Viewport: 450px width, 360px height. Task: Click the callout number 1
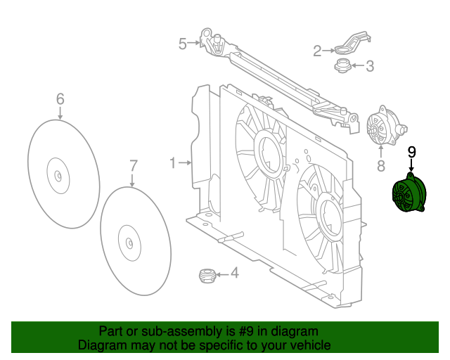click(173, 163)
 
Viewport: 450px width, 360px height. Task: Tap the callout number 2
click(317, 51)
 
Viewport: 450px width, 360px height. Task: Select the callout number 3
click(370, 67)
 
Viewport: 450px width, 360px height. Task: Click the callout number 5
click(182, 44)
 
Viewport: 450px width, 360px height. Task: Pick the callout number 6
click(60, 98)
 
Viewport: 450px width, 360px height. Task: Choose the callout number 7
click(134, 167)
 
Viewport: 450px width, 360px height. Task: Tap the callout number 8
click(380, 166)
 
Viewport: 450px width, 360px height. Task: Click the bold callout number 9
click(411, 151)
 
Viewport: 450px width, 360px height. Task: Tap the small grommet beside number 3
click(342, 67)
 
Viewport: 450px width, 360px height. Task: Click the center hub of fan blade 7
click(130, 242)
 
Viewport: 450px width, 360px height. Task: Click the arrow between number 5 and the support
click(195, 44)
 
